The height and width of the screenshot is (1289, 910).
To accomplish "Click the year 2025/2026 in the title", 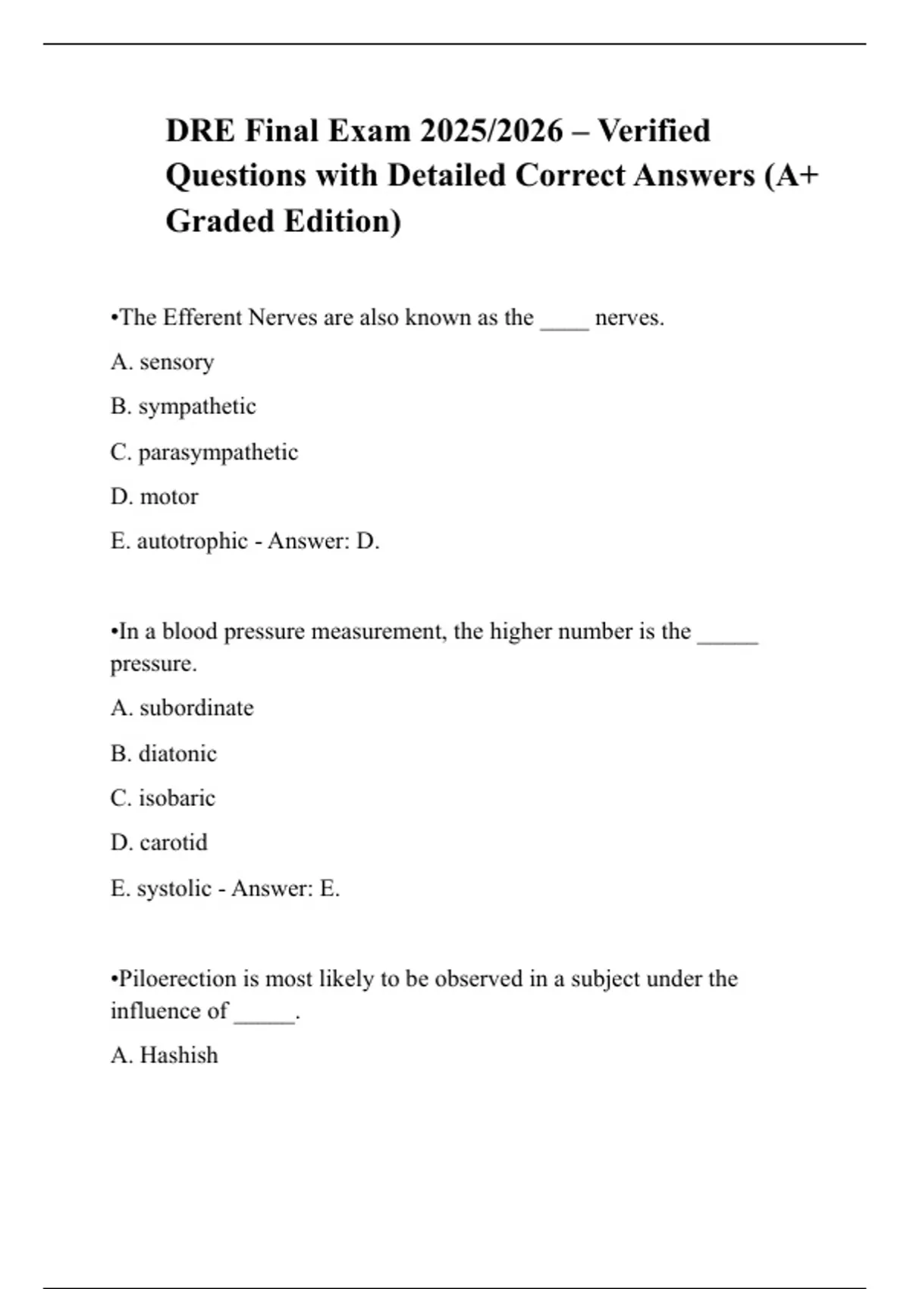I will [491, 131].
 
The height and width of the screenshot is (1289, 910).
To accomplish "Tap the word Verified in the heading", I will [654, 131].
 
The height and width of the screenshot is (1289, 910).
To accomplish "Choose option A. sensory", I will [162, 362].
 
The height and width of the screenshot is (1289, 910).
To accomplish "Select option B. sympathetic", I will [183, 406].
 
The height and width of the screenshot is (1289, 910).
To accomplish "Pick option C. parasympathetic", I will [204, 452].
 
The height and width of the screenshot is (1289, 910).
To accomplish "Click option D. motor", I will [154, 497].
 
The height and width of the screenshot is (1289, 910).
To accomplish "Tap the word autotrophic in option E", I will [192, 541].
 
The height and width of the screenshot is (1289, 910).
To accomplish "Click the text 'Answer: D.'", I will [324, 541].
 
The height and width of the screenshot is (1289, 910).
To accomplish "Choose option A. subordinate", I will [182, 707].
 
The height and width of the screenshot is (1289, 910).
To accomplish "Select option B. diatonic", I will [163, 753].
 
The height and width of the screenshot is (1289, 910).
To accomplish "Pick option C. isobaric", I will [162, 798].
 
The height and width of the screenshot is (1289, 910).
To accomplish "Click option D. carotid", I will [158, 842].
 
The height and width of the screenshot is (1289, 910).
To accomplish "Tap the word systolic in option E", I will [174, 888].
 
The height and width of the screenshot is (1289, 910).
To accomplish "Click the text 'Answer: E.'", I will [286, 888].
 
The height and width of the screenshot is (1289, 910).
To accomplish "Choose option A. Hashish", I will [164, 1055].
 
